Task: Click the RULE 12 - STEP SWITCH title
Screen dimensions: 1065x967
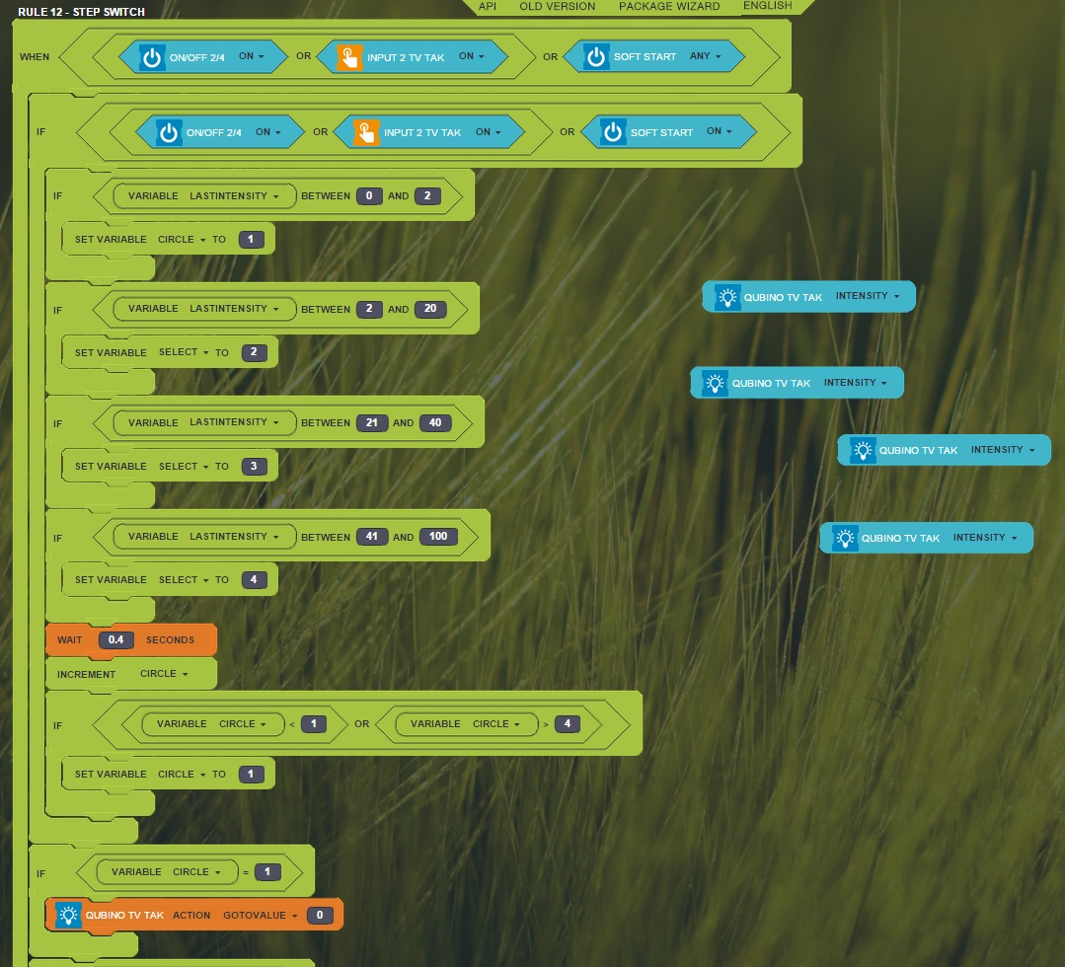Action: coord(82,12)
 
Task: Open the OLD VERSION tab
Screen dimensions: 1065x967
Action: coord(557,6)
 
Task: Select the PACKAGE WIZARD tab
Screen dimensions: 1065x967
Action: coord(669,6)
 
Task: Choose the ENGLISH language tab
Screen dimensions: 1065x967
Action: coord(768,6)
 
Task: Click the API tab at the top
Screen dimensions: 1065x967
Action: coord(487,6)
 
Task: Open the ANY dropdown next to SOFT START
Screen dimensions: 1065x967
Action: coord(705,56)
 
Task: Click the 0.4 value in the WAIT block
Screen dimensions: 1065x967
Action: coord(116,639)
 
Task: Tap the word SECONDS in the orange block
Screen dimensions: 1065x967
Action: coord(170,639)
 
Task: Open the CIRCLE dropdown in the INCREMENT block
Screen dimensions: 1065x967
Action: coord(164,674)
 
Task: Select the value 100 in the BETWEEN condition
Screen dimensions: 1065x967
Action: coord(438,537)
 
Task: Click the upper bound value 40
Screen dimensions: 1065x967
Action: coord(435,422)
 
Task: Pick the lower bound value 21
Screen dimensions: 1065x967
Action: coord(371,422)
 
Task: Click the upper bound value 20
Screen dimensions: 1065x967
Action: coord(430,309)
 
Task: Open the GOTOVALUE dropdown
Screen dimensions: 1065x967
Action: coord(261,916)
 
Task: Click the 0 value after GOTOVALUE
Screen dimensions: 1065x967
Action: coord(319,916)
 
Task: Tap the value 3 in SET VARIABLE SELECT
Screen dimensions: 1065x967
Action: coord(254,467)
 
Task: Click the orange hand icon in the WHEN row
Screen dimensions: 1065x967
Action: coord(349,57)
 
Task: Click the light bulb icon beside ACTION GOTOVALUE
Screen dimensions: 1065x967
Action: coord(68,916)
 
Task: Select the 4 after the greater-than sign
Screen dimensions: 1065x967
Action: coord(568,724)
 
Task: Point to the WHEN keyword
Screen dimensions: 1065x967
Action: coord(35,57)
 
